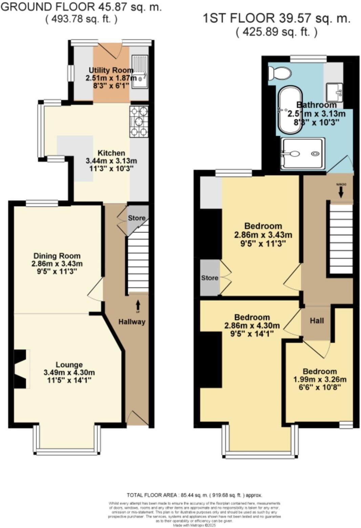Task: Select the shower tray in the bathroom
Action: [303, 153]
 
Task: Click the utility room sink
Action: [139, 71]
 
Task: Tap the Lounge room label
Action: [69, 365]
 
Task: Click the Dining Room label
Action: [57, 256]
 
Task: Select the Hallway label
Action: [132, 322]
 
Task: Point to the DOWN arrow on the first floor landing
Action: [341, 192]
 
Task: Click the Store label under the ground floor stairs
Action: [136, 218]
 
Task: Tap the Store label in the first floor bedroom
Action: [210, 278]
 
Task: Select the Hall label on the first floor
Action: [317, 320]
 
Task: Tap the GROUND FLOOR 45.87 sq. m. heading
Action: [81, 7]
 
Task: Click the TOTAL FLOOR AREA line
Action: [194, 495]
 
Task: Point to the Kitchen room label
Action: [111, 153]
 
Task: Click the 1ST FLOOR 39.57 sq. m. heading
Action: [276, 18]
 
